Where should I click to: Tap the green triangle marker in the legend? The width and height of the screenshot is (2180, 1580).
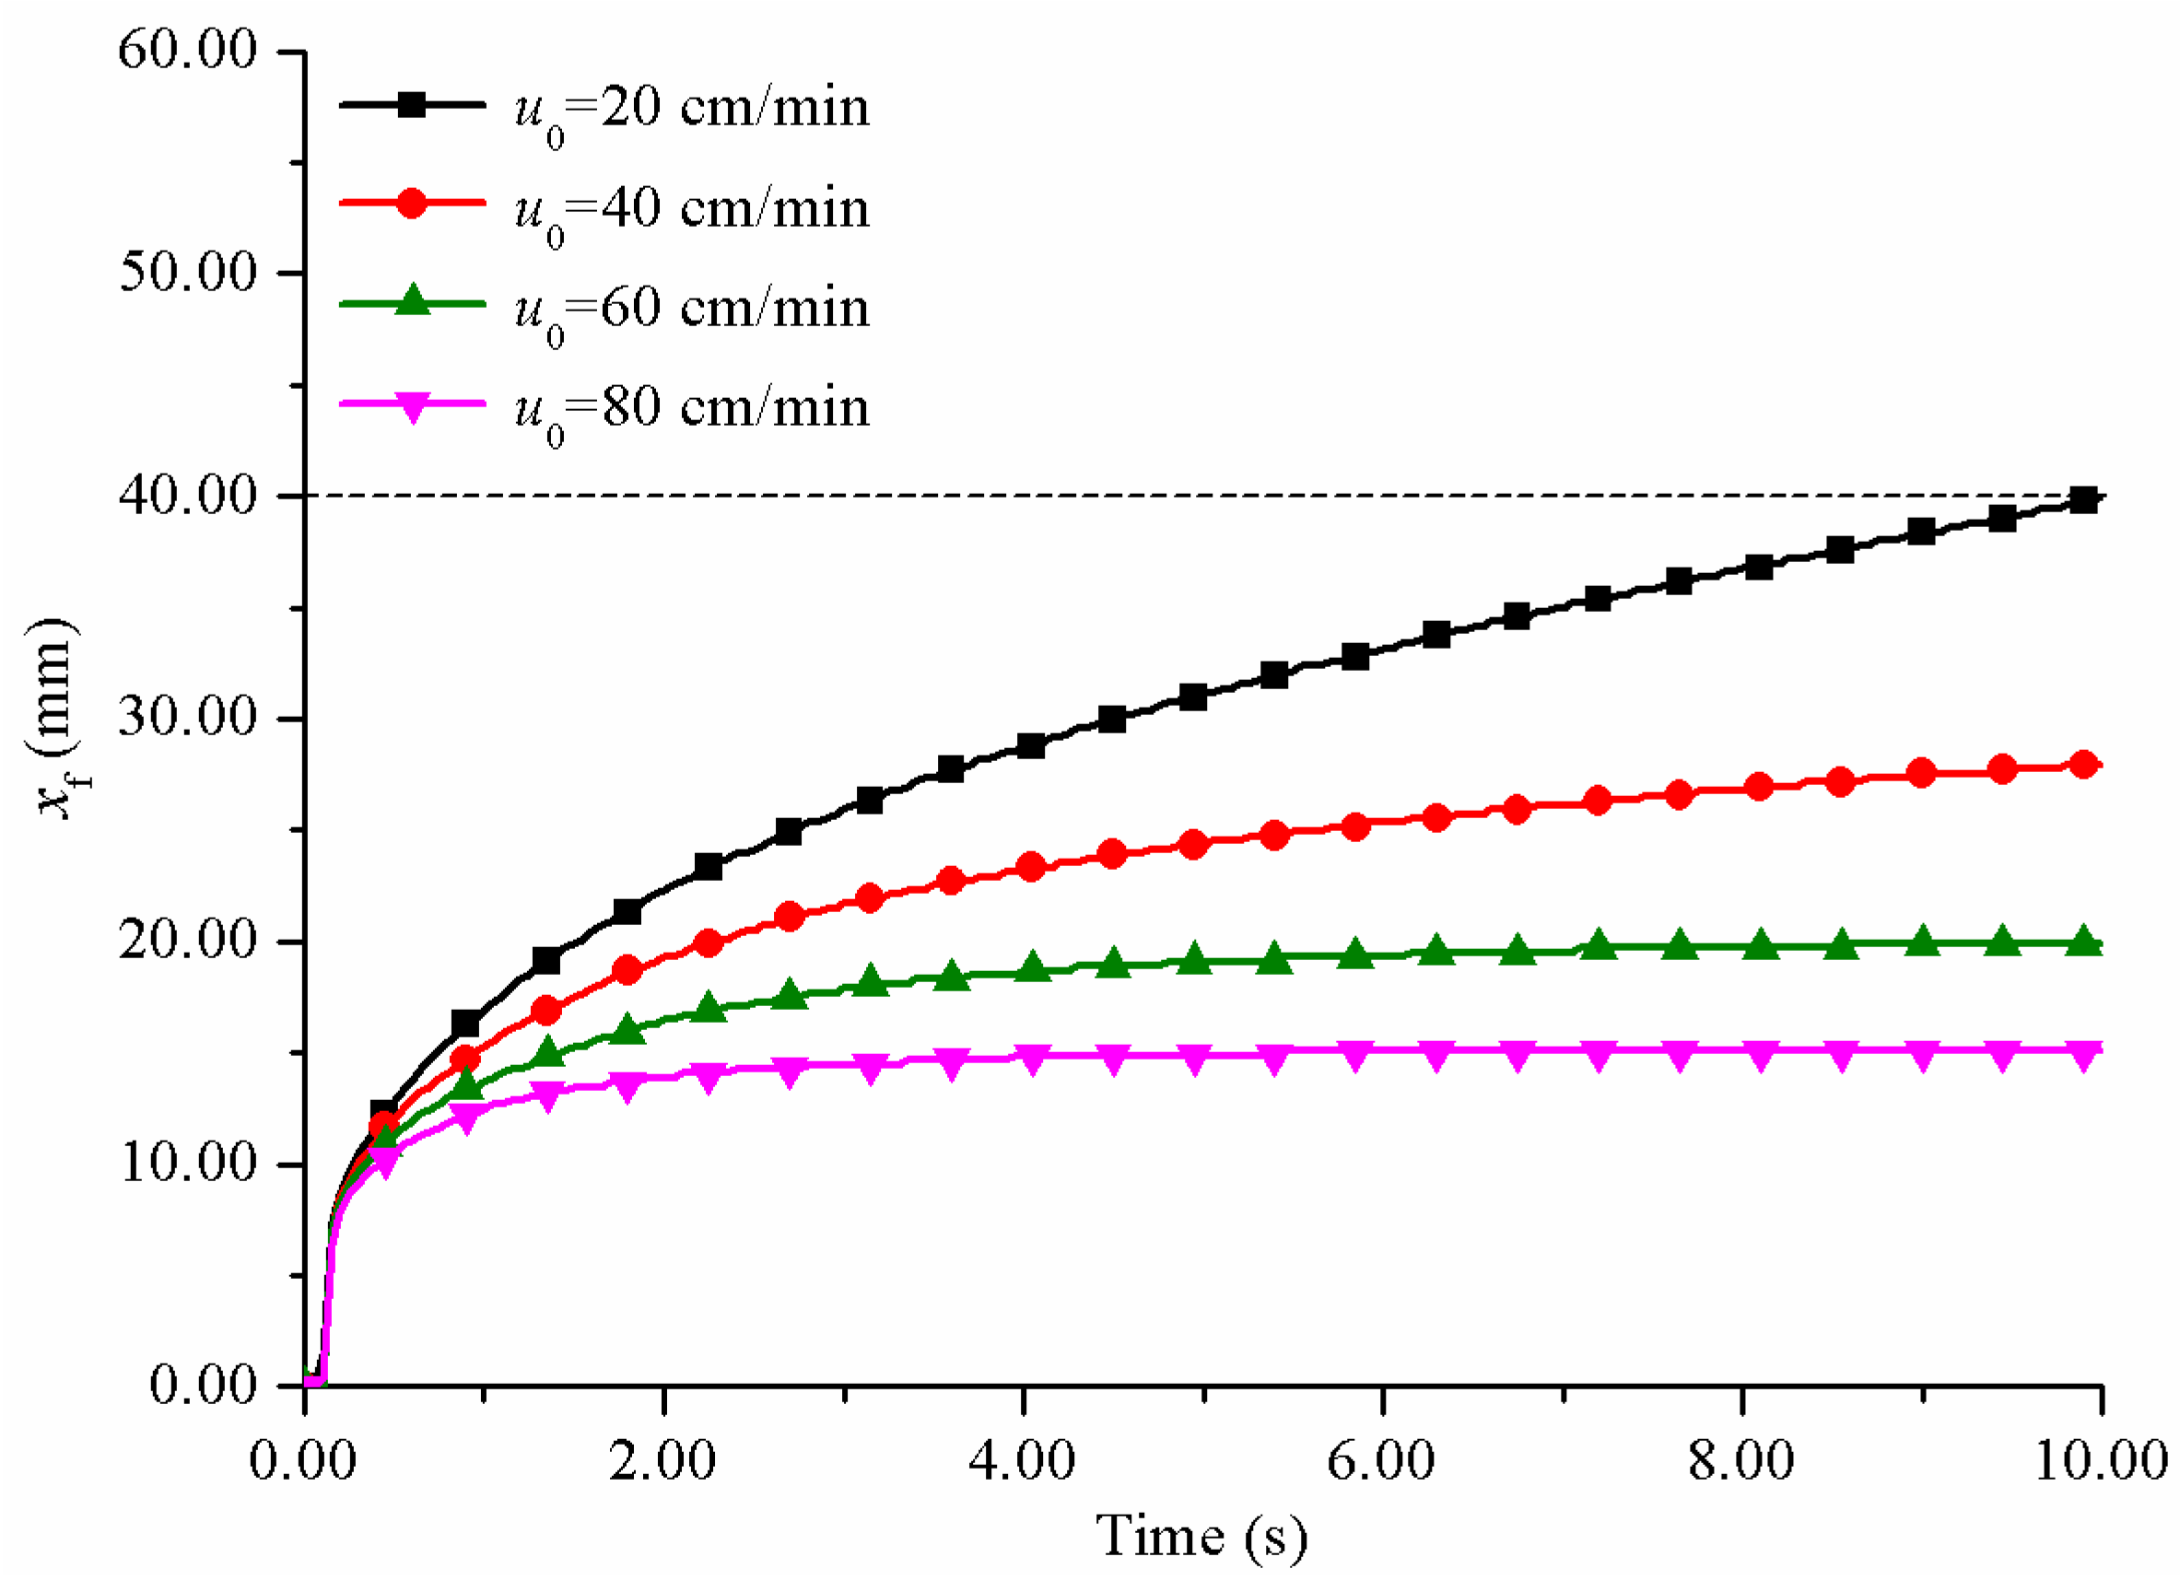pos(413,302)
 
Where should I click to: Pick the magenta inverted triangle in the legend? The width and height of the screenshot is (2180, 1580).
pos(413,407)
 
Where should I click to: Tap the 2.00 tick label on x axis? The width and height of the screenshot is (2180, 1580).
pos(662,1461)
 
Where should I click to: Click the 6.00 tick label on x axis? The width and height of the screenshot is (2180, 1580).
pos(1381,1461)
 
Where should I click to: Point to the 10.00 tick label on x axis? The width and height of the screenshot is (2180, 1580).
pos(2101,1461)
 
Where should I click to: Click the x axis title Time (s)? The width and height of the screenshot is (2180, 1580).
pos(1201,1536)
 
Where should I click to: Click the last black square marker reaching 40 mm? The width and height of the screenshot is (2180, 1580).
pos(2083,499)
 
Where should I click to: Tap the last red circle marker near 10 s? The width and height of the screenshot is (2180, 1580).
pos(2083,765)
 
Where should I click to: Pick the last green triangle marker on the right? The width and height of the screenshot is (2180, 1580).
pos(2083,942)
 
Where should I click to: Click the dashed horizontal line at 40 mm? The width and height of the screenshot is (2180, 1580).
pos(1154,496)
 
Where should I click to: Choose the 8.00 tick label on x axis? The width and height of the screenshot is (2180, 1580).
pos(1741,1461)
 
